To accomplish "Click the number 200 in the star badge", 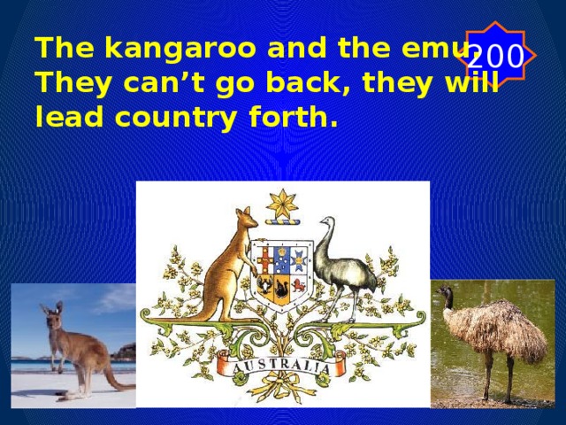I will [x=494, y=57].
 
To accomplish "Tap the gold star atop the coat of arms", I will [x=283, y=205].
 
